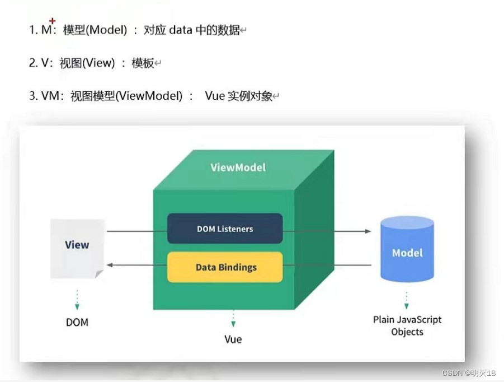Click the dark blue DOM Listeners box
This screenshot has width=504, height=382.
(x=225, y=229)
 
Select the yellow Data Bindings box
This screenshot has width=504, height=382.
(x=225, y=267)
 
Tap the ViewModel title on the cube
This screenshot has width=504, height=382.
(x=238, y=167)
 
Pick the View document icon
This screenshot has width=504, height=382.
(x=77, y=248)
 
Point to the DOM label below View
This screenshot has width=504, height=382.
(x=77, y=323)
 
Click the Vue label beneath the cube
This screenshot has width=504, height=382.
(x=233, y=339)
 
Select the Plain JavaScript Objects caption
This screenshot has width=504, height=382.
(x=407, y=325)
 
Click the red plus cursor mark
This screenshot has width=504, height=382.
(x=53, y=21)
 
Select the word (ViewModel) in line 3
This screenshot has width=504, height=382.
(x=150, y=96)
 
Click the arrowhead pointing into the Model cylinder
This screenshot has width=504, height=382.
(x=368, y=231)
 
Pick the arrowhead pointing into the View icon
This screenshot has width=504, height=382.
(x=111, y=265)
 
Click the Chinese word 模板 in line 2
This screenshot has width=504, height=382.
(x=143, y=63)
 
